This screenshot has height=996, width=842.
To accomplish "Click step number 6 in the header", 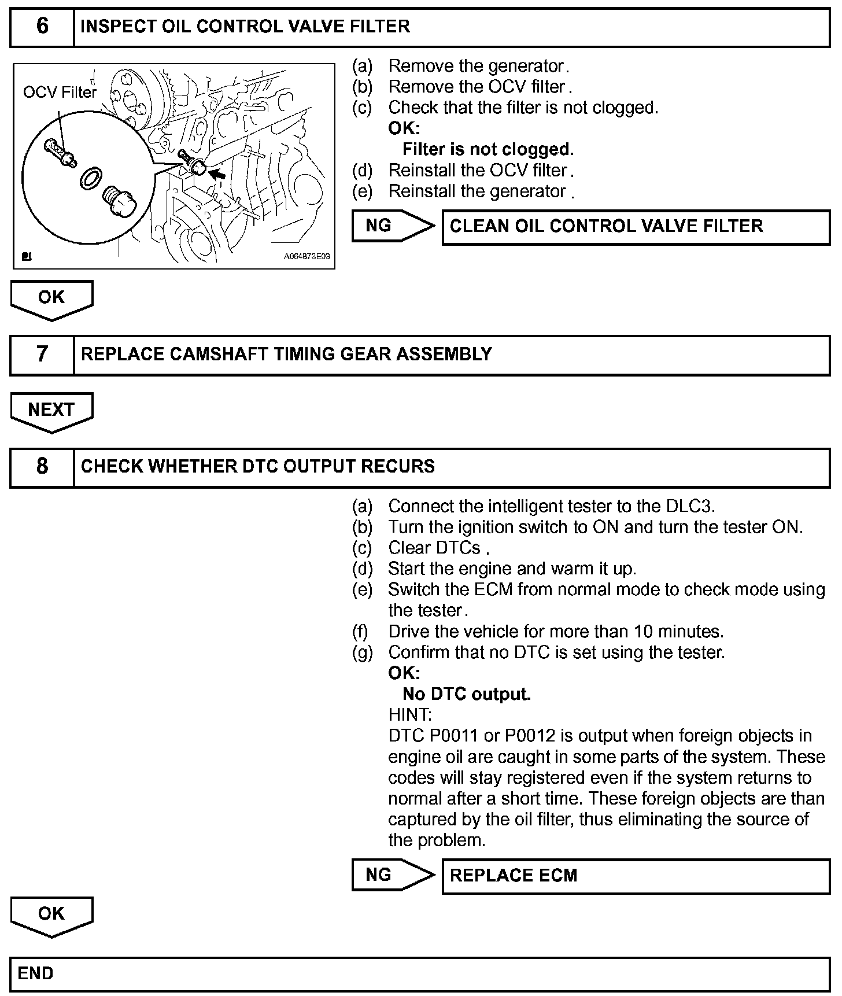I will [42, 27].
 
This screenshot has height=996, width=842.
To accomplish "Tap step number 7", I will [42, 354].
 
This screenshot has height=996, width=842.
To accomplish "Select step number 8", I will [42, 466].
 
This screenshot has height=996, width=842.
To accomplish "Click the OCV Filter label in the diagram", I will [60, 93].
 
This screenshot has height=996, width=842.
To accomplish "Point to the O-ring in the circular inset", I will [90, 179].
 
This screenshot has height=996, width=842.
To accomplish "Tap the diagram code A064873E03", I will [306, 257].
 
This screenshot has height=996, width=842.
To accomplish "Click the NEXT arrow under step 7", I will [51, 411].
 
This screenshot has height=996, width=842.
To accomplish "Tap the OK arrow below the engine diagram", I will [51, 299].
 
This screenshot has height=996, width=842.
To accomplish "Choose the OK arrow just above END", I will [51, 916].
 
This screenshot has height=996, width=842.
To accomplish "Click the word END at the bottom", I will [36, 973].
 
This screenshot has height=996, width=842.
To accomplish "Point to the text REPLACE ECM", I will [514, 876].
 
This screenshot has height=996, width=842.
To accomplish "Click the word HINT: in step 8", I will [410, 715].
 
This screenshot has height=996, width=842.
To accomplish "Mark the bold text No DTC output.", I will [466, 694].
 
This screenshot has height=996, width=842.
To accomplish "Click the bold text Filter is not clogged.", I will [488, 149].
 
